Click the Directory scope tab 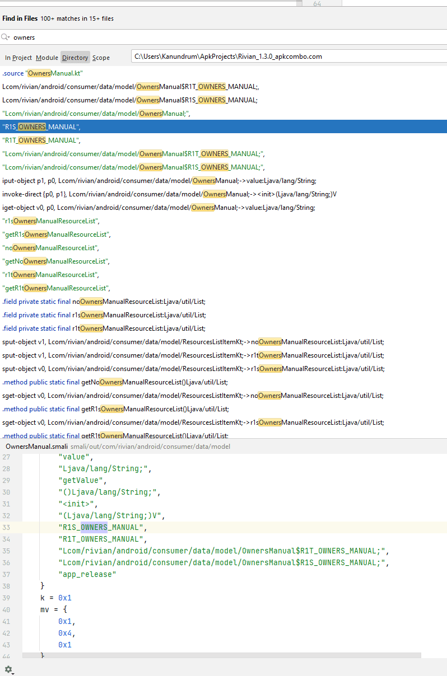(x=75, y=57)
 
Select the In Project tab (x=18, y=57)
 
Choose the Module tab (x=47, y=57)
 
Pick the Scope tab (x=101, y=57)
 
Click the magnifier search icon (x=5, y=37)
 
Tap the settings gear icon (x=9, y=670)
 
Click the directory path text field (x=289, y=57)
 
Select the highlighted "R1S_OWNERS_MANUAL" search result (x=41, y=126)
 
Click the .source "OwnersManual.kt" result (x=43, y=73)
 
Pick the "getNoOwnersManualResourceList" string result (x=56, y=261)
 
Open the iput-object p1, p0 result (x=160, y=181)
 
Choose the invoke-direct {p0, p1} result (x=169, y=194)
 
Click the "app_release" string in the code (x=87, y=574)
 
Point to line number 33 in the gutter (x=6, y=527)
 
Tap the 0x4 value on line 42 (x=65, y=633)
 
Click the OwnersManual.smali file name (x=36, y=447)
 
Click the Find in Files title (x=20, y=18)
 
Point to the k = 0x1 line (x=56, y=598)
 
